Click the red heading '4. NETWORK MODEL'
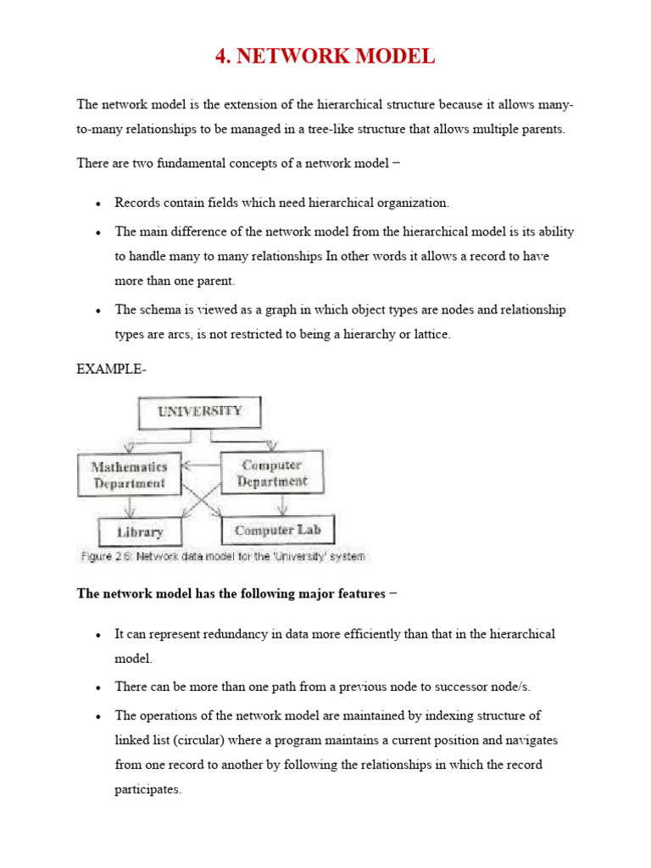coord(325,57)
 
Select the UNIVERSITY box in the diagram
coord(199,412)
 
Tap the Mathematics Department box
coord(130,475)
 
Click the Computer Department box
coord(271,473)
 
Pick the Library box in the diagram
coord(141,531)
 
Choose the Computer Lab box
coord(277,531)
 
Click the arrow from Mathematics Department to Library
coord(130,506)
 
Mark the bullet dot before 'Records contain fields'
coord(99,204)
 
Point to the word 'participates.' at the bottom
coord(148,789)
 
